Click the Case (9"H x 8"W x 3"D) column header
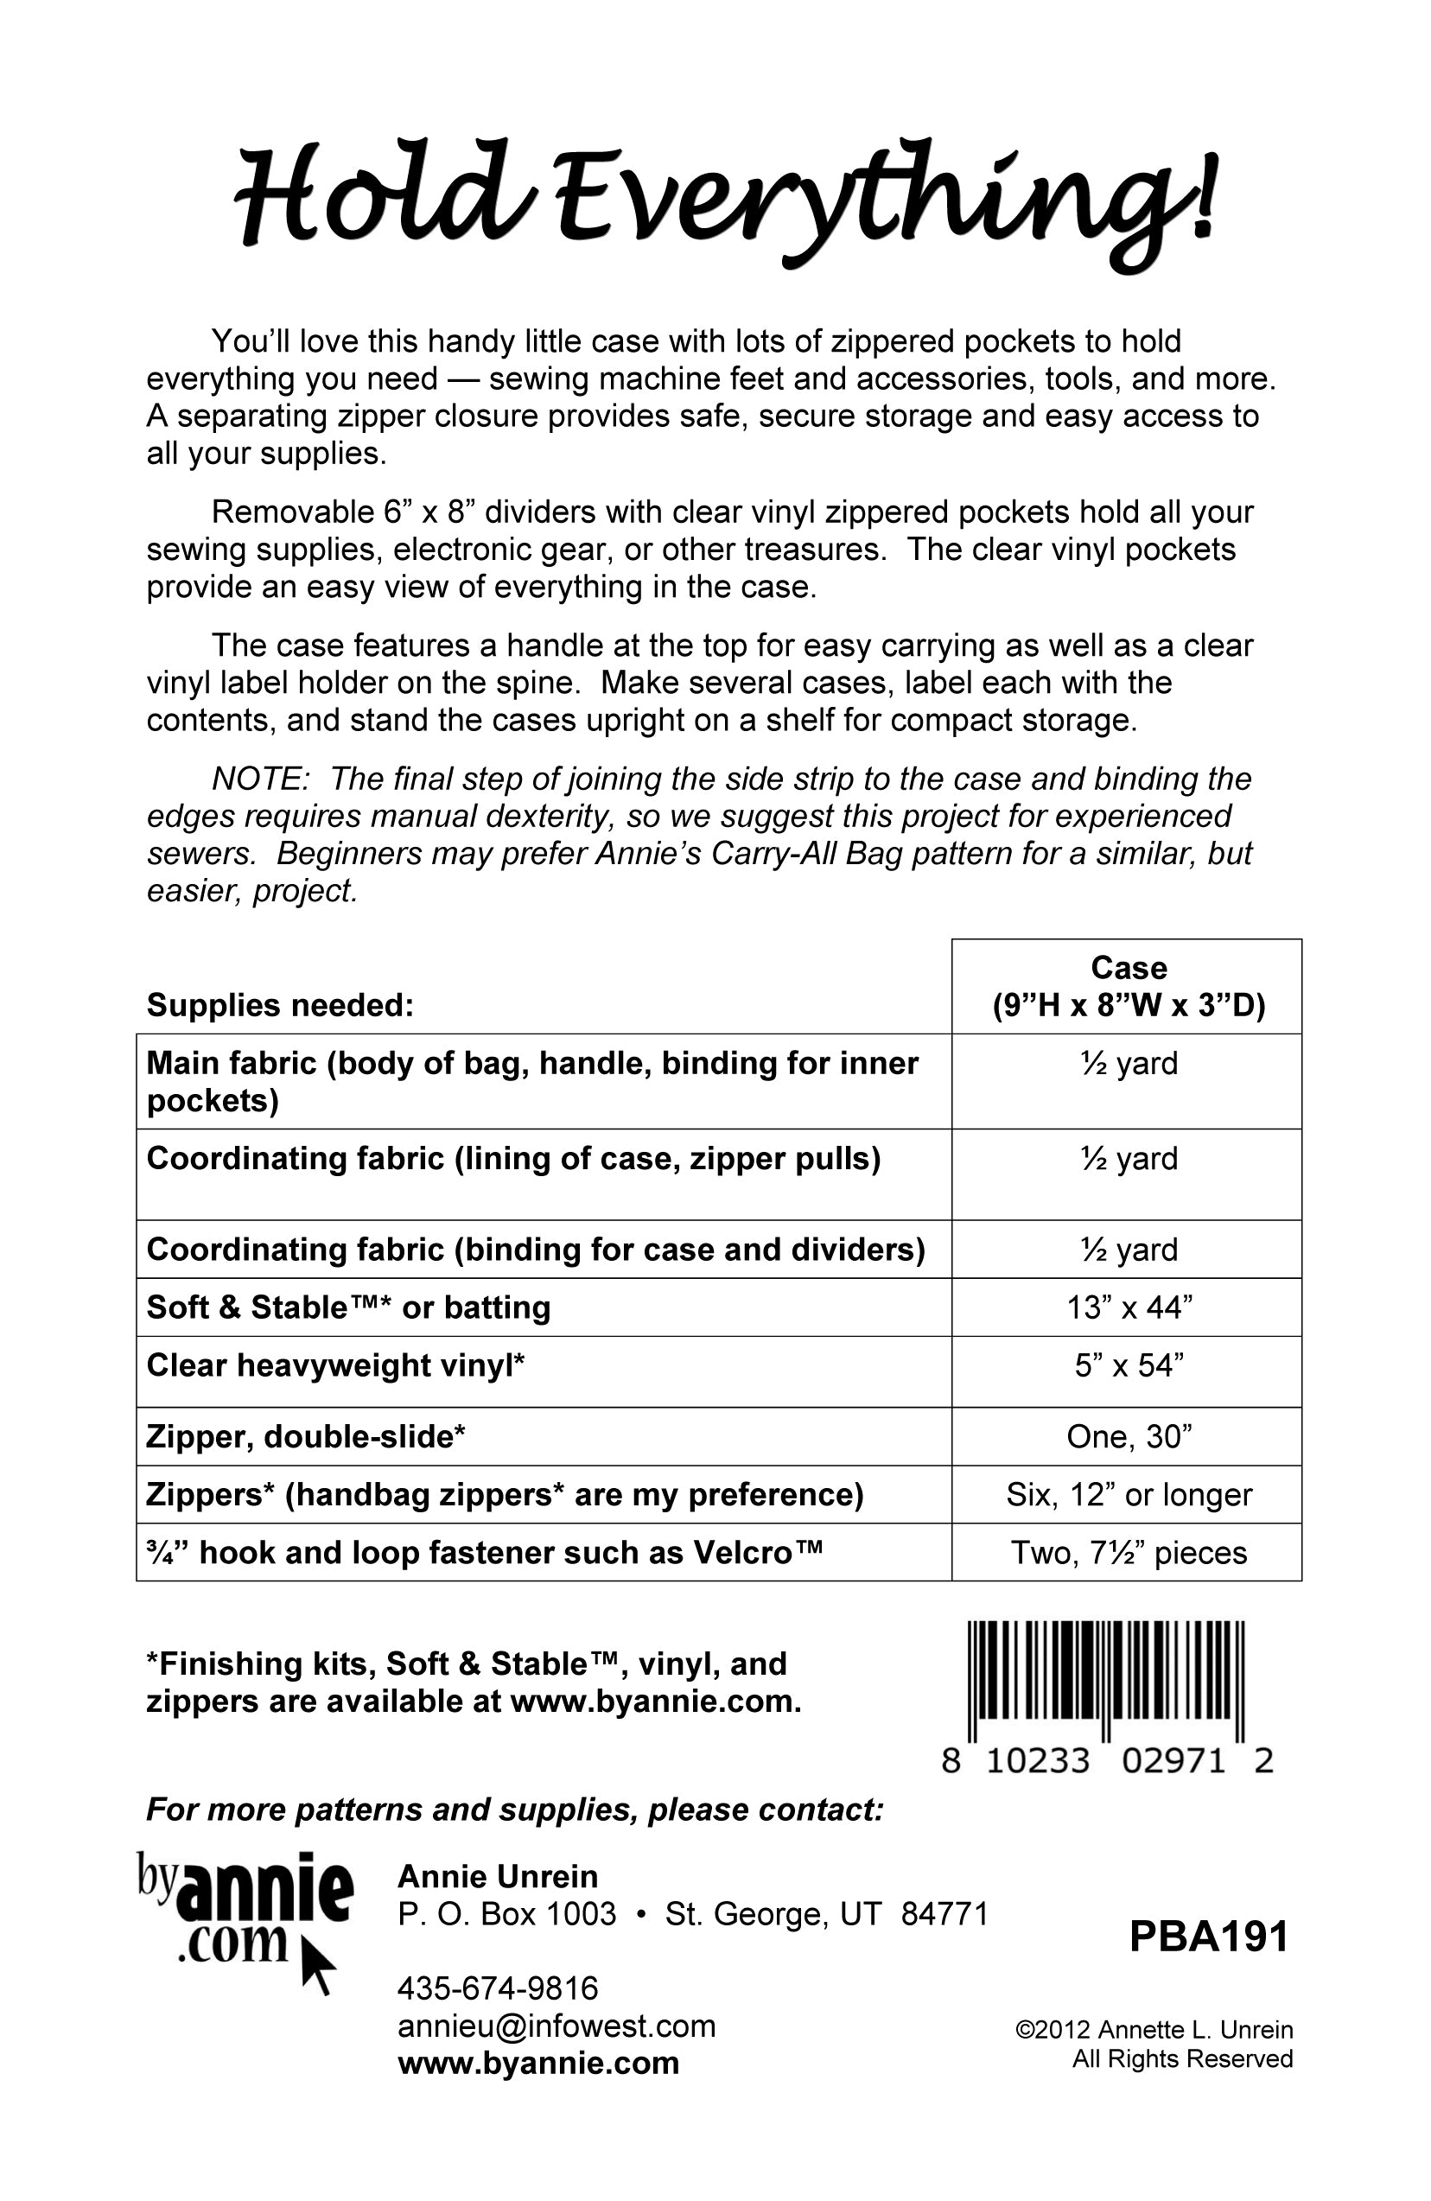(1128, 986)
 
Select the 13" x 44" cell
(1128, 1307)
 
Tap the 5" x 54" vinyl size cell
(1128, 1365)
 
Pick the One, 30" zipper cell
(1128, 1436)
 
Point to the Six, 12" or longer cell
(1128, 1494)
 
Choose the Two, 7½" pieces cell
(1128, 1553)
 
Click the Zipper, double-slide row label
(305, 1436)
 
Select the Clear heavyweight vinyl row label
(336, 1365)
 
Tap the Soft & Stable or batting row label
(347, 1307)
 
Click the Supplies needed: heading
(279, 1005)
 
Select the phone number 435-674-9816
(498, 1988)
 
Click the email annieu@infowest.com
(556, 2026)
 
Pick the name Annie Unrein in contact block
(497, 1876)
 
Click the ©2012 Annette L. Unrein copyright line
(1154, 2029)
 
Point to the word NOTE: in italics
(260, 779)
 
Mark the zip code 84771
(944, 1913)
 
